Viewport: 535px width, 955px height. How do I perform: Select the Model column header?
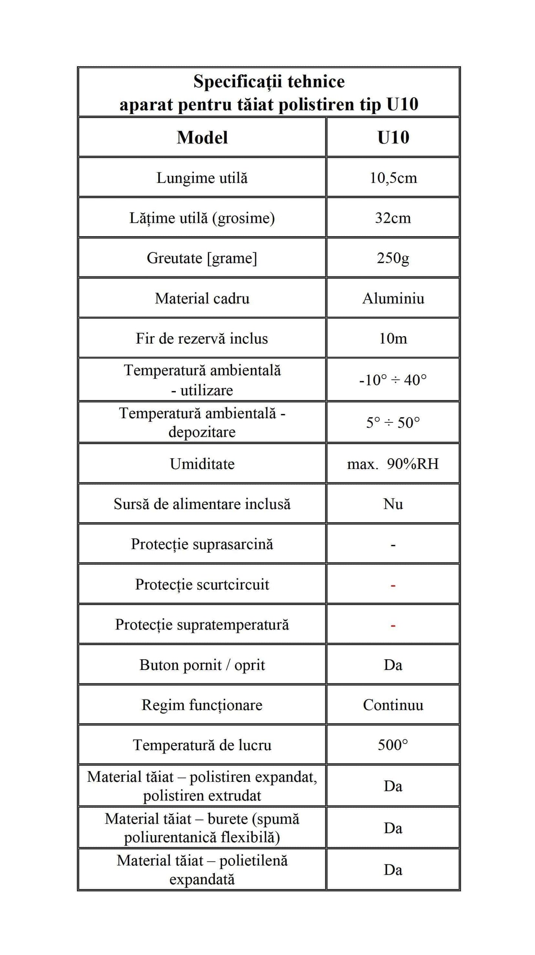[202, 138]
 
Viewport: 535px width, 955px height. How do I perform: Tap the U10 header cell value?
[393, 138]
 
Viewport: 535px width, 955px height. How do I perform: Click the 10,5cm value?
[393, 178]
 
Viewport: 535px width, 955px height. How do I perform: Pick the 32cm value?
[393, 218]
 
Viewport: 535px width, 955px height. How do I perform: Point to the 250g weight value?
[393, 258]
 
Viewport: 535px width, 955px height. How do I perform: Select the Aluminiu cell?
[393, 298]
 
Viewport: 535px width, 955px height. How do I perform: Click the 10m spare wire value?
[393, 338]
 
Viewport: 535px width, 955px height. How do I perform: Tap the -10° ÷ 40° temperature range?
[393, 380]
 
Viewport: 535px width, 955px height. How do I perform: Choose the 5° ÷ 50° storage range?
[393, 423]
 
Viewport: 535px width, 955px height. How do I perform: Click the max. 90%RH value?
[393, 464]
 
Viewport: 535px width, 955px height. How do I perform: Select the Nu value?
[393, 504]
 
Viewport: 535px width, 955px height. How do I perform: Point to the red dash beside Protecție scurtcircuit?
[393, 586]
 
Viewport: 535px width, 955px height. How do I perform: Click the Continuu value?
[393, 705]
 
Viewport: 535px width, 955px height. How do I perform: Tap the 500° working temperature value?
[393, 745]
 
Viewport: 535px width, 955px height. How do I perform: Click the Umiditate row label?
[202, 464]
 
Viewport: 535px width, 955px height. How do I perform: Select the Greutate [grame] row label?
[202, 258]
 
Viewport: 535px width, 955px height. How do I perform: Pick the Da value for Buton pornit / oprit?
[393, 665]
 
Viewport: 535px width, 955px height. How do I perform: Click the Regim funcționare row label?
[202, 705]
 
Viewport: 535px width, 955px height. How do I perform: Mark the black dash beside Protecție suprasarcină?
[393, 545]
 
